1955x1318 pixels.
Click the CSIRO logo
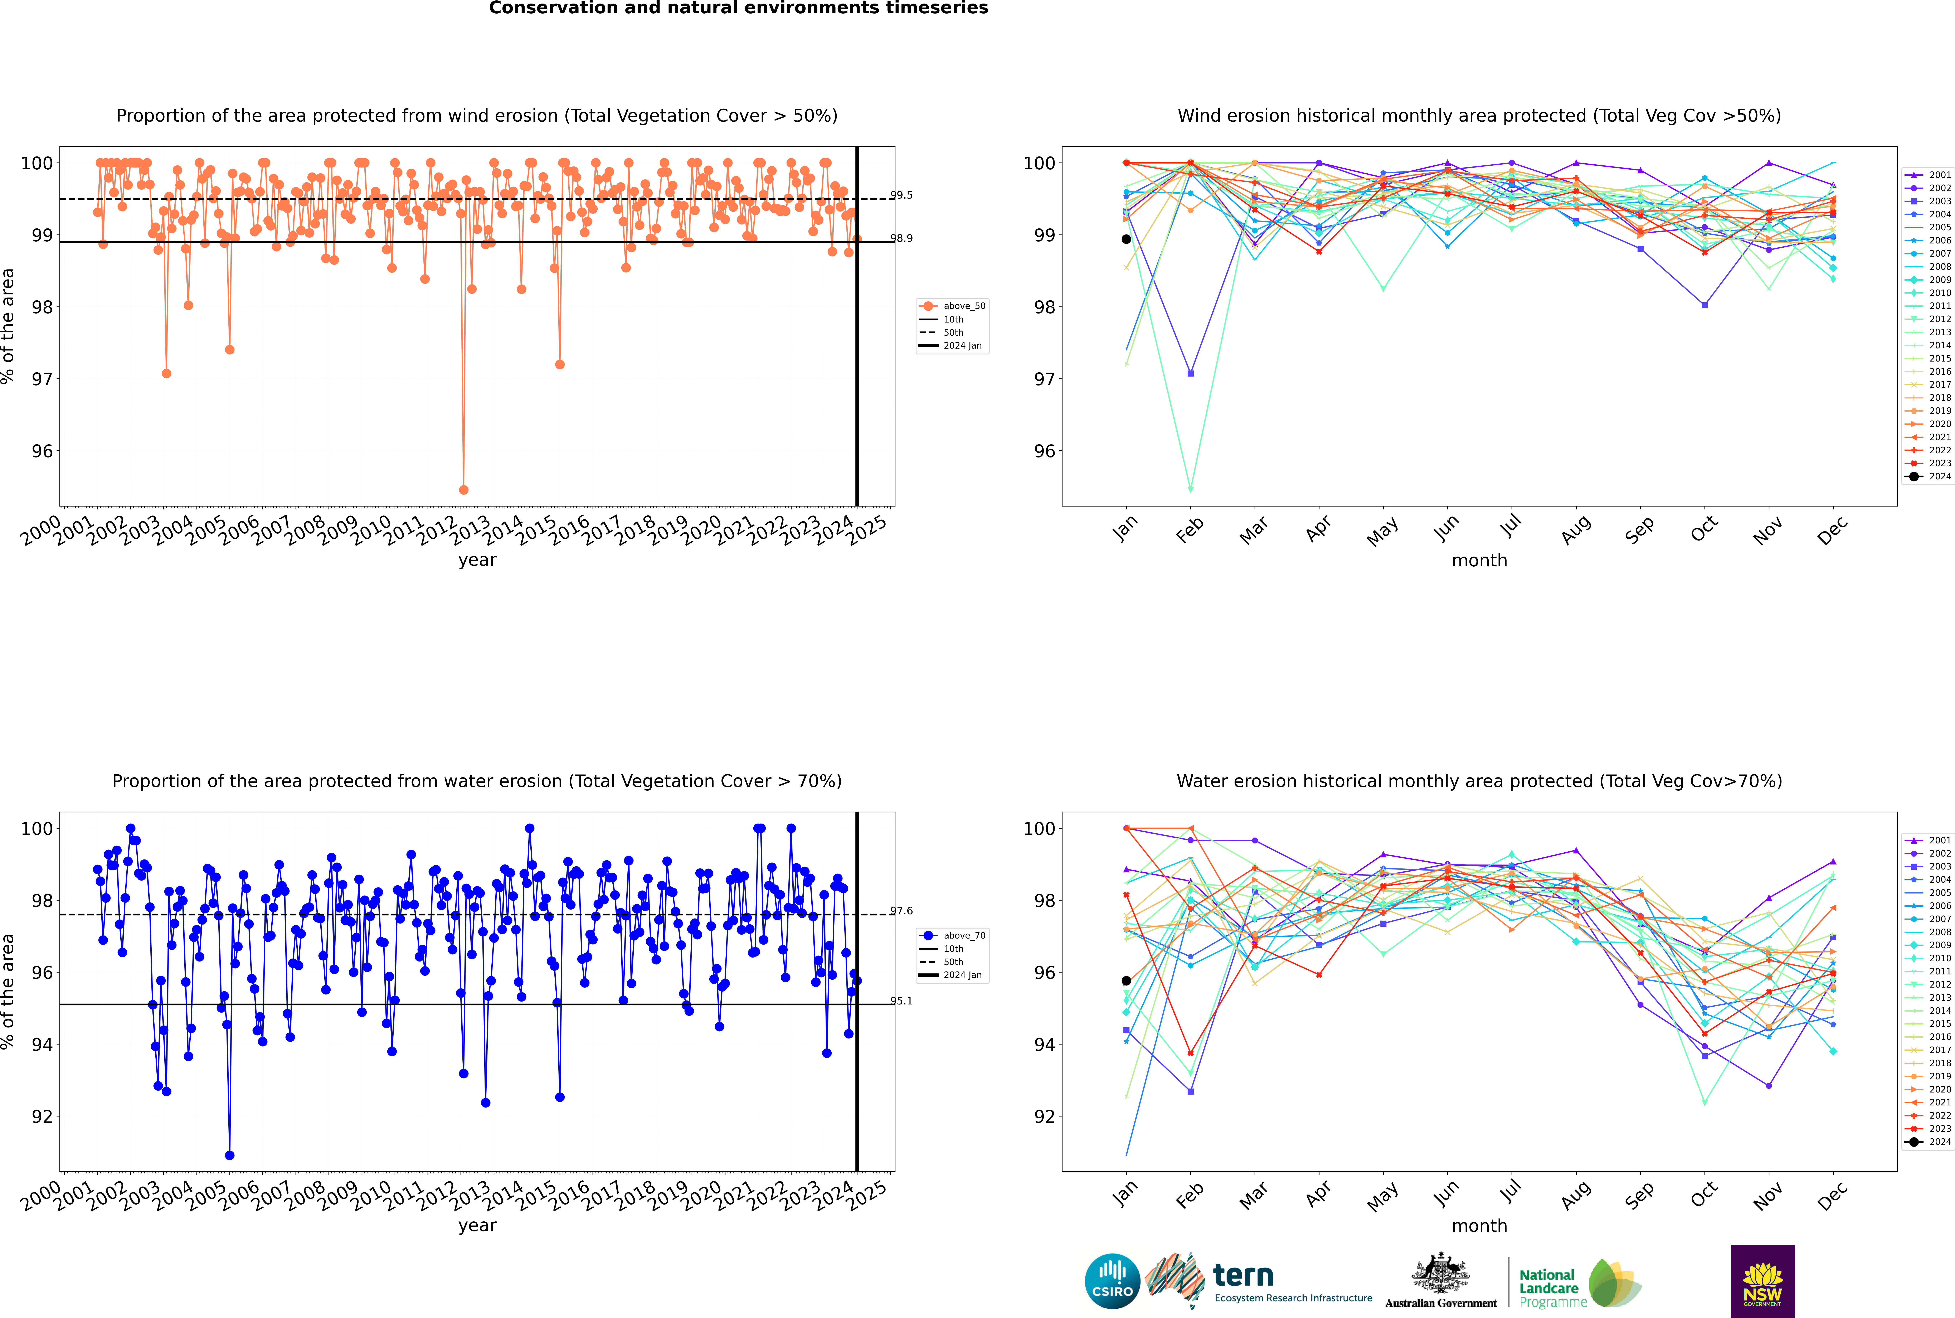(x=1112, y=1281)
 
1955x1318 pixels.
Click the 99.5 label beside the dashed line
(x=901, y=195)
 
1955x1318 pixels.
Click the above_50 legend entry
(x=952, y=306)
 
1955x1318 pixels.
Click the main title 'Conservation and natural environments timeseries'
(x=739, y=8)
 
